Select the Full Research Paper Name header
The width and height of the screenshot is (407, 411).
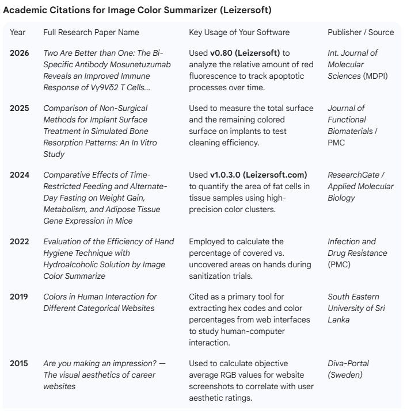pos(91,32)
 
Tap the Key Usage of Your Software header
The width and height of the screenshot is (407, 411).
pos(239,32)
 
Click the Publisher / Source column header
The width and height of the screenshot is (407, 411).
pos(360,32)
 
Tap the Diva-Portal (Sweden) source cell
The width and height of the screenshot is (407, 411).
pos(348,369)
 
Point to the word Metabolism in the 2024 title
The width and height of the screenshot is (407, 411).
pos(66,209)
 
